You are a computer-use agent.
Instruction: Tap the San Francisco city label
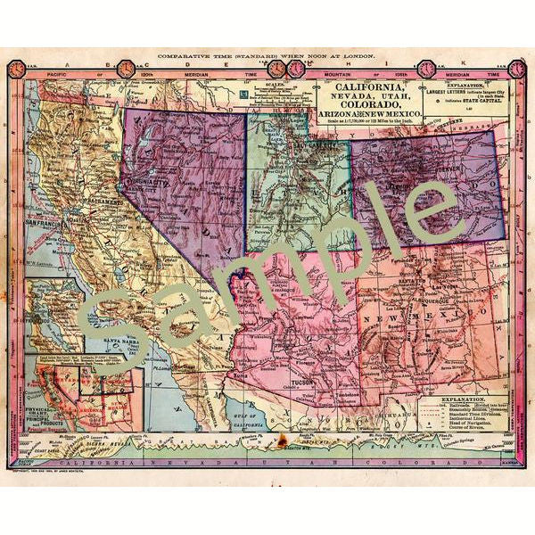pos(45,219)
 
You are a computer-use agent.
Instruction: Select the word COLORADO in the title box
pos(368,114)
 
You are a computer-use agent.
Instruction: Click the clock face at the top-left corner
pos(18,67)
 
